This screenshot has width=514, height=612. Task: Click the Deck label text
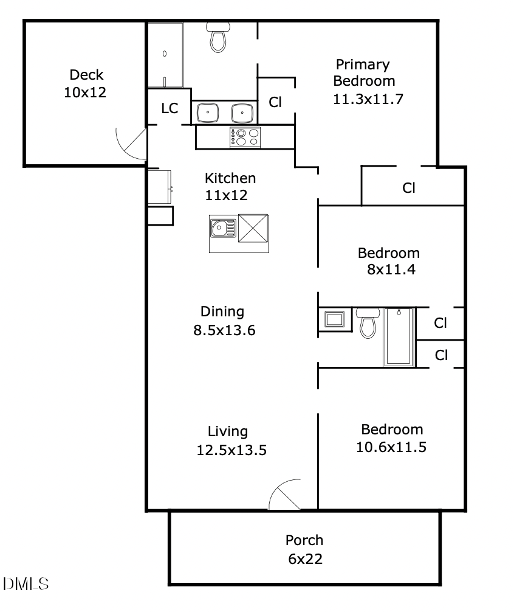click(x=86, y=75)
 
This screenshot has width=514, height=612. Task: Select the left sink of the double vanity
click(x=208, y=113)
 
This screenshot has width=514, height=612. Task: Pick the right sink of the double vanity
click(x=243, y=113)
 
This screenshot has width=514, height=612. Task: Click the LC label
click(x=170, y=108)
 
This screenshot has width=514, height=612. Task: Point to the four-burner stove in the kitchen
click(x=245, y=137)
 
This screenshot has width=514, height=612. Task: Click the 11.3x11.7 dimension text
click(x=368, y=99)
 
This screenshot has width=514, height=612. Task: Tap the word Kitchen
click(x=230, y=178)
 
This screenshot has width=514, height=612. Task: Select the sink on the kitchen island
click(x=223, y=228)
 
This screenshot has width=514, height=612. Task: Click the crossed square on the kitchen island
click(x=253, y=228)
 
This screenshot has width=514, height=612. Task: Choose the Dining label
click(x=222, y=311)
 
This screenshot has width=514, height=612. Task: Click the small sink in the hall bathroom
click(x=334, y=319)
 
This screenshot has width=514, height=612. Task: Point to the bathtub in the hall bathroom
click(x=399, y=337)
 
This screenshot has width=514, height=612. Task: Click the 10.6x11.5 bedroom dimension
click(x=391, y=447)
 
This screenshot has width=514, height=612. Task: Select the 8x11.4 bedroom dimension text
click(x=391, y=269)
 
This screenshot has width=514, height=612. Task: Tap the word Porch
click(x=304, y=540)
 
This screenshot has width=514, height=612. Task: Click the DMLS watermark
click(x=26, y=584)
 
